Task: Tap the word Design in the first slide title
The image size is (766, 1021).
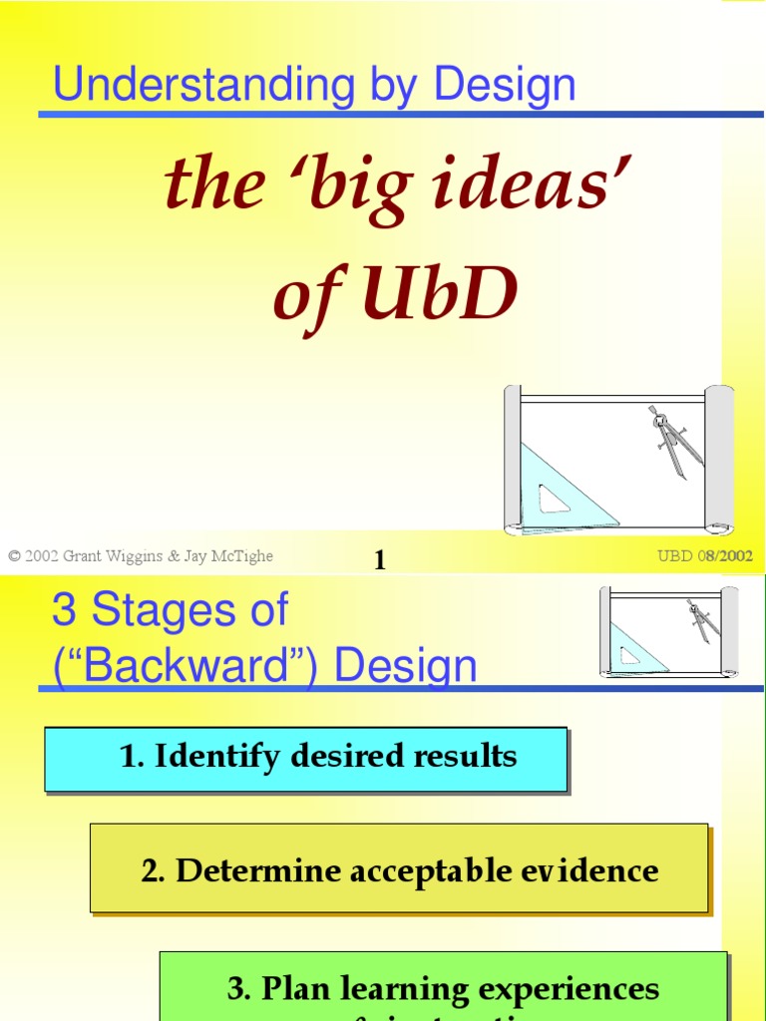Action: click(x=505, y=86)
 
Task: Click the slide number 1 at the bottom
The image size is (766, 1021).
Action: click(x=379, y=561)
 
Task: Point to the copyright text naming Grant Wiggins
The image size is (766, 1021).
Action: click(x=141, y=556)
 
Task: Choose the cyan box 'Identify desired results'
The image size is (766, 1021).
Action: click(x=305, y=758)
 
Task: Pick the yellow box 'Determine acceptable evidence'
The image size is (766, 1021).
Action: click(x=399, y=868)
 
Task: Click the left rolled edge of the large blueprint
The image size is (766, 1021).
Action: click(x=512, y=459)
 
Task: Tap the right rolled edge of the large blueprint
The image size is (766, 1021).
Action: click(x=719, y=459)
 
